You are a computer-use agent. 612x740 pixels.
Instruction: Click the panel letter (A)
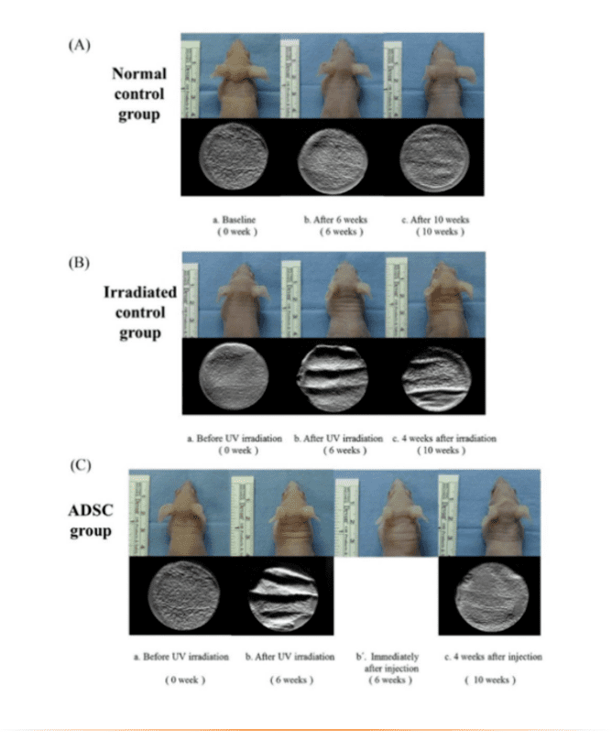coord(80,46)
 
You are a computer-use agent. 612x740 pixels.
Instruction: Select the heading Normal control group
coord(137,94)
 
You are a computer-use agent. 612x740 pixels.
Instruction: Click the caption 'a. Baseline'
coord(234,220)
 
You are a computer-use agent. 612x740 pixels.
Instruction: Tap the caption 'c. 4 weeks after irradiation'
coord(443,438)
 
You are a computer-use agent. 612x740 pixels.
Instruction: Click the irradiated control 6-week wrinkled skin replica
coord(333,375)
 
